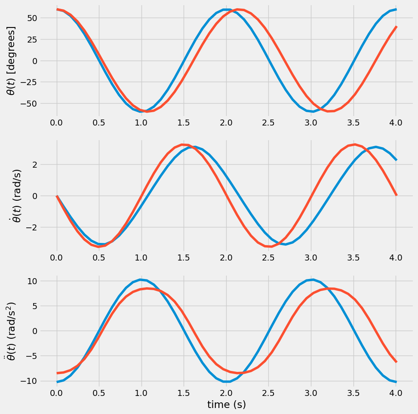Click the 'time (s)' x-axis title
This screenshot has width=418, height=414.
click(x=226, y=404)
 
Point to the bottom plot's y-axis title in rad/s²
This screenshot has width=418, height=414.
click(x=12, y=331)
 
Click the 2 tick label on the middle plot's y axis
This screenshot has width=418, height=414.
click(x=35, y=165)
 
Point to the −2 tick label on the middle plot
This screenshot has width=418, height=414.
click(x=32, y=227)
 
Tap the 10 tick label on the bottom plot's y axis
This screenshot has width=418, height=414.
click(x=33, y=281)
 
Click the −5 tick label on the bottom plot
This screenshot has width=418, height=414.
click(x=32, y=356)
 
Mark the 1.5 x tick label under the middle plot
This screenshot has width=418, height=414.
click(x=184, y=258)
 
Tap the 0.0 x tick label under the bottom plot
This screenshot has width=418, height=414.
click(x=57, y=393)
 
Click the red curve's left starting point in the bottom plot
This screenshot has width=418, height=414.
click(x=57, y=373)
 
